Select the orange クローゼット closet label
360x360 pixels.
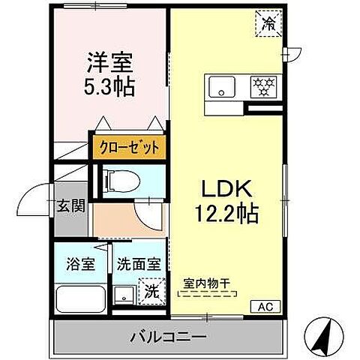click(126, 147)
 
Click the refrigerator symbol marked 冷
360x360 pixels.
click(268, 22)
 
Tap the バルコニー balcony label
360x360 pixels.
click(166, 337)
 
